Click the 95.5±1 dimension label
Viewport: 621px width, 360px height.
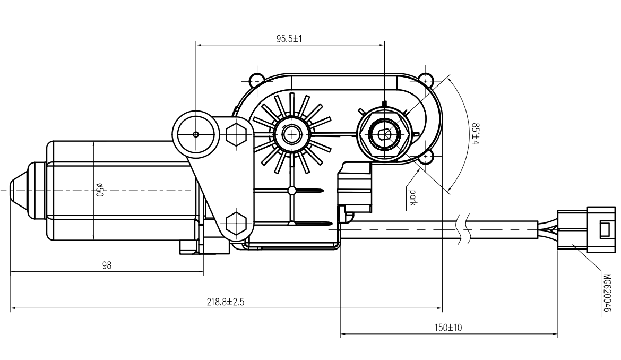pyautogui.click(x=289, y=39)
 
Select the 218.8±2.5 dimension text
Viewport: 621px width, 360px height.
pyautogui.click(x=226, y=302)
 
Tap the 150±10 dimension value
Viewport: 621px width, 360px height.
pyautogui.click(x=449, y=328)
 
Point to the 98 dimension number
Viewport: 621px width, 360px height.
pyautogui.click(x=107, y=265)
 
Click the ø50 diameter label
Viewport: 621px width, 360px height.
pyautogui.click(x=99, y=190)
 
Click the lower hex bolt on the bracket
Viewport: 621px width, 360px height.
pyautogui.click(x=236, y=223)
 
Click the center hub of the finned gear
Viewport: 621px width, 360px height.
pyautogui.click(x=291, y=134)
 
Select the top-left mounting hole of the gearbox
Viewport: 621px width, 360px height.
pyautogui.click(x=257, y=80)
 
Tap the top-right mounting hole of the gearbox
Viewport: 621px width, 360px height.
pyautogui.click(x=425, y=80)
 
